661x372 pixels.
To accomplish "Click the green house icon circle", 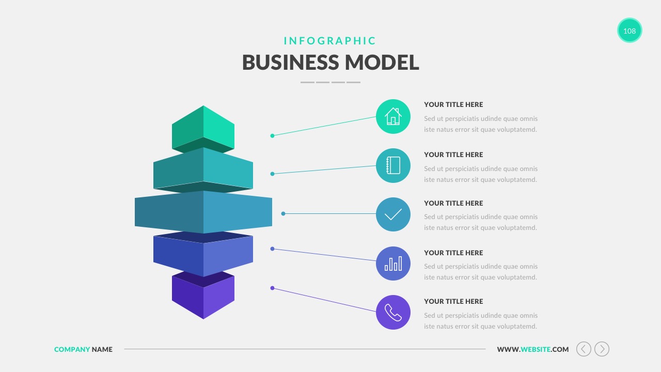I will tap(393, 116).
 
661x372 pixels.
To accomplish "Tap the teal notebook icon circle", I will tap(393, 165).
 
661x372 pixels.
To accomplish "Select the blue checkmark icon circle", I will tap(393, 214).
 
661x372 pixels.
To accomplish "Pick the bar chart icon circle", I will tap(393, 263).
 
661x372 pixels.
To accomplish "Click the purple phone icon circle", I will tap(393, 312).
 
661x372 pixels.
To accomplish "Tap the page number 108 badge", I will tap(629, 30).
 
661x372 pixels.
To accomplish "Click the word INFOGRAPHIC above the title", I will tap(330, 41).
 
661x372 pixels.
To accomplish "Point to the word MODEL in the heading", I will tap(382, 63).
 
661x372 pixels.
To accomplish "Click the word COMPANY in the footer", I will tap(72, 349).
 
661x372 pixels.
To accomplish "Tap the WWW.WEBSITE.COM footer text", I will tap(532, 349).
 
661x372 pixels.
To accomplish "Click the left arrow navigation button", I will tap(584, 349).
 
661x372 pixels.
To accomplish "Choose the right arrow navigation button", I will tap(602, 349).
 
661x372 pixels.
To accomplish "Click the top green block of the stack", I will tap(203, 127).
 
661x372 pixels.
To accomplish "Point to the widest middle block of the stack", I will tap(203, 212).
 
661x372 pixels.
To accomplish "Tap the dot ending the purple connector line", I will tap(272, 288).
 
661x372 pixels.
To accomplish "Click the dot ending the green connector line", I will tap(272, 136).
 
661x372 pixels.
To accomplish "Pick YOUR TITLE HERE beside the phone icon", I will tap(453, 301).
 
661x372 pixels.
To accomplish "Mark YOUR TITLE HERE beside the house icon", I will tap(453, 104).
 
